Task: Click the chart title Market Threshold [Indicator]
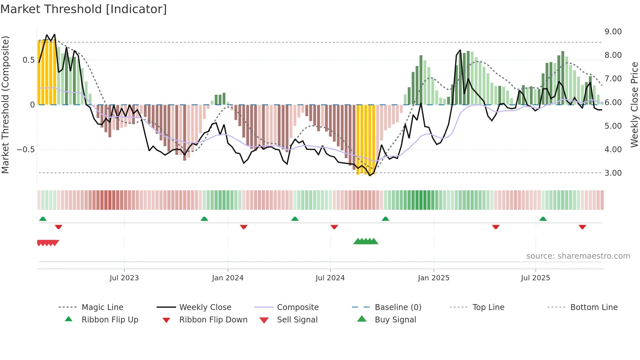click(84, 9)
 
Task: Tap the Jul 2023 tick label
click(124, 278)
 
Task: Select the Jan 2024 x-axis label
click(228, 278)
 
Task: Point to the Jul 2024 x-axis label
click(330, 278)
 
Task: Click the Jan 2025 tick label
click(434, 278)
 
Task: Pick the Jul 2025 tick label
click(536, 278)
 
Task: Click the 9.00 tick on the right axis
click(613, 32)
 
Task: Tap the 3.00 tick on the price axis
click(613, 173)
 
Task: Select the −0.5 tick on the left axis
click(25, 150)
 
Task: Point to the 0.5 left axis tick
click(28, 60)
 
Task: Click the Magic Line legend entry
click(102, 307)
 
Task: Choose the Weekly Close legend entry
click(205, 307)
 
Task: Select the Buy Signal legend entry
click(395, 320)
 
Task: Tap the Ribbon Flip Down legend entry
click(213, 320)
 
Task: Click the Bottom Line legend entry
click(594, 307)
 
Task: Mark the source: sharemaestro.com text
click(578, 256)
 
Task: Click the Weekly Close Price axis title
click(634, 105)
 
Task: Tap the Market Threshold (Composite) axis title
click(5, 105)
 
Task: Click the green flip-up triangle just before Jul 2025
click(543, 219)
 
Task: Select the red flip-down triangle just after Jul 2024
click(334, 227)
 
